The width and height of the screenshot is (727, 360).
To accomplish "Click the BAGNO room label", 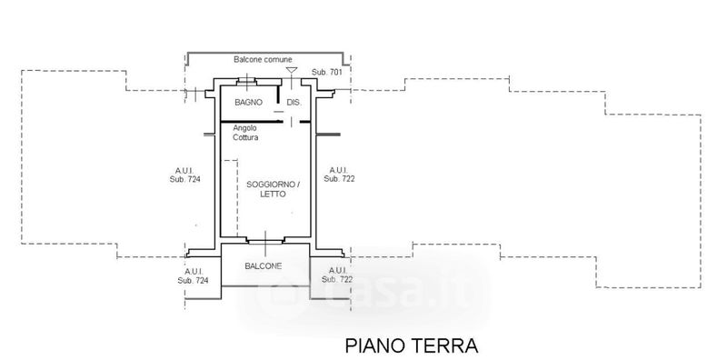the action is [248, 102].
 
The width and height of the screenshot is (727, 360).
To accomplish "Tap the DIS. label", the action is [294, 102].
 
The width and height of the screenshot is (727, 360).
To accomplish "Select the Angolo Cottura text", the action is [245, 133].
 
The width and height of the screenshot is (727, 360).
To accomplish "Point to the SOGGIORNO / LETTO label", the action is [273, 189].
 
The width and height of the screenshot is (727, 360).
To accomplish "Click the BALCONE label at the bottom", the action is [263, 266].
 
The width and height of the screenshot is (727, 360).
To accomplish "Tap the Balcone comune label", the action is [263, 59].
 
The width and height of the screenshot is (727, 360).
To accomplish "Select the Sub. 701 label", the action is [327, 72].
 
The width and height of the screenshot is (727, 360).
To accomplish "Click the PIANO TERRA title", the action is [412, 346].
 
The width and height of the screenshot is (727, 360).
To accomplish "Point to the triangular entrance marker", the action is [291, 70].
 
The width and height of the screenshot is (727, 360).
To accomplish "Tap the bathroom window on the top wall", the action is [246, 82].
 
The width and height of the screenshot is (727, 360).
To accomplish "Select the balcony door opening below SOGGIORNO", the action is [265, 241].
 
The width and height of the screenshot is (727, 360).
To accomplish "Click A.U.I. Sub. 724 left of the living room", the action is [185, 175].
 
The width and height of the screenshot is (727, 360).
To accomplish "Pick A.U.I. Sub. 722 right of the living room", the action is [339, 175].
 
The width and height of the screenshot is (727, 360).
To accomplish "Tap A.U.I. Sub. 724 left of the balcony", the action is [193, 276].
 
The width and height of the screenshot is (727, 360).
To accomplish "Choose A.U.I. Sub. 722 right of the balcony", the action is [337, 275].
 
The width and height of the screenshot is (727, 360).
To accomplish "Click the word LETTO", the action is [273, 195].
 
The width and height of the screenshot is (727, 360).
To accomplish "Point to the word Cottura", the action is [245, 137].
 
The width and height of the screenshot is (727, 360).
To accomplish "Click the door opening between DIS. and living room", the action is [291, 122].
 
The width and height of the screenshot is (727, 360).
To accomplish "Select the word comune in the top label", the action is [278, 59].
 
